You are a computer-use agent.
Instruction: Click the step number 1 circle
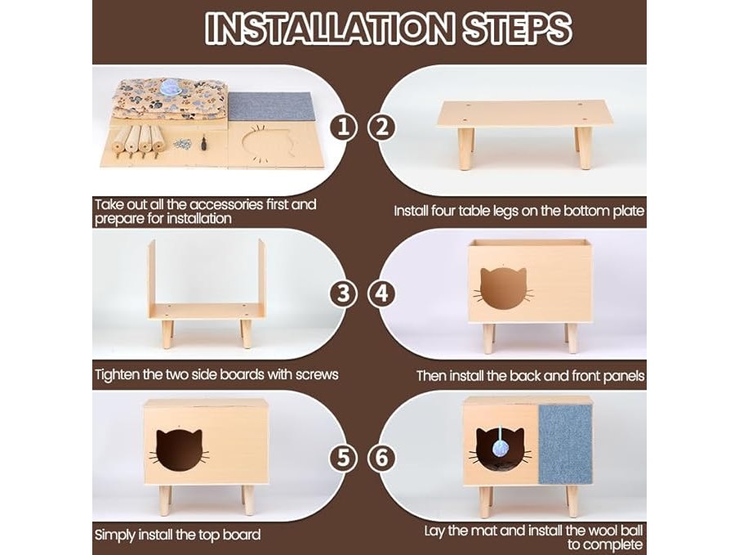[x=343, y=127]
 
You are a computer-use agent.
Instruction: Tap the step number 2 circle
[x=382, y=127]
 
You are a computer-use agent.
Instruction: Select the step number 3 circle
[x=343, y=293]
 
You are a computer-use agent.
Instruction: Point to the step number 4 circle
[x=382, y=293]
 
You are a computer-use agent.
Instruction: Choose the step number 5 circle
[x=343, y=458]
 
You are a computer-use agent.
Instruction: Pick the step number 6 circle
[x=382, y=458]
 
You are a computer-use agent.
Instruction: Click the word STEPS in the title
[x=517, y=28]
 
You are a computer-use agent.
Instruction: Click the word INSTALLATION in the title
[x=329, y=28]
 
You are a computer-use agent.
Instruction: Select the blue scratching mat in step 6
[x=565, y=444]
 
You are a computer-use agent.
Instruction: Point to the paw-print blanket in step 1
[x=171, y=100]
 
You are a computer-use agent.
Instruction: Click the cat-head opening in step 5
[x=179, y=450]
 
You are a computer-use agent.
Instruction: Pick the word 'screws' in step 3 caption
[x=317, y=374]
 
